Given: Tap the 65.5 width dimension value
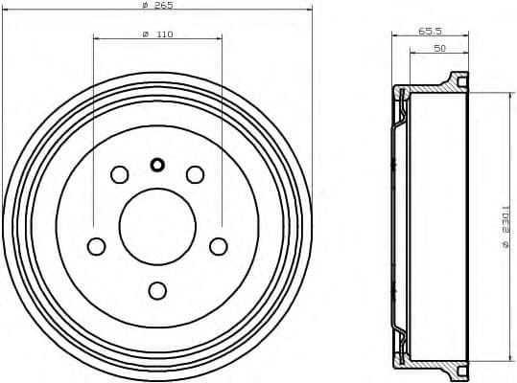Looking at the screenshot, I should click(x=429, y=32).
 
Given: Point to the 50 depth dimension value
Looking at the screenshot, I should click(x=438, y=47).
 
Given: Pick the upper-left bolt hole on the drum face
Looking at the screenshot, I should click(x=120, y=174).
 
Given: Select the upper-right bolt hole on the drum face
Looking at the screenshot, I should click(x=195, y=174).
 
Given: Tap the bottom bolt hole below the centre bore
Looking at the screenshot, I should click(x=157, y=289).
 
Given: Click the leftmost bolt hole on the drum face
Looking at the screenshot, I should click(x=96, y=246).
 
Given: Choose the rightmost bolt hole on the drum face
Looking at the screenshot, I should click(x=219, y=246).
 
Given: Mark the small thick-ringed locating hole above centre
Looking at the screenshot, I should click(x=157, y=164).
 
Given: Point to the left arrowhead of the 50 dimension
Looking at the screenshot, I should click(x=412, y=54).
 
